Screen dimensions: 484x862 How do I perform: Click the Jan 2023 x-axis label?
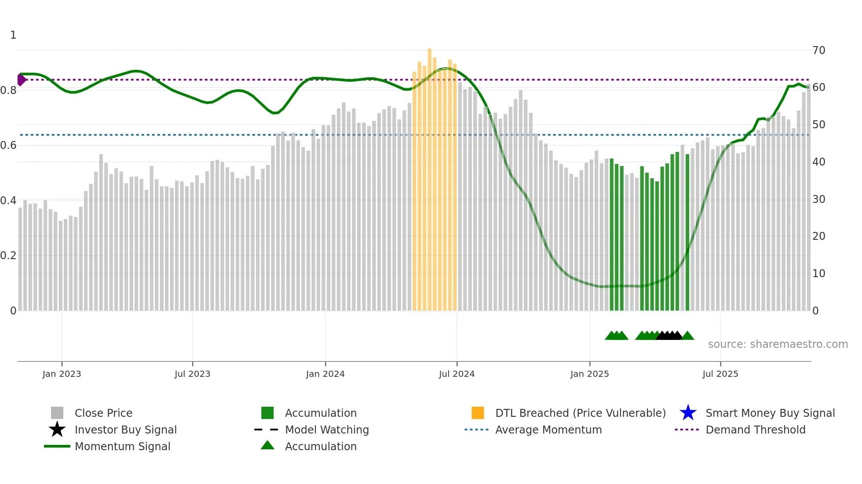pos(62,374)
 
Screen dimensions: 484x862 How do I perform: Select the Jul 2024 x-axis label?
pos(457,374)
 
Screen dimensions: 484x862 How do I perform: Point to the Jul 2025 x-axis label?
pos(720,374)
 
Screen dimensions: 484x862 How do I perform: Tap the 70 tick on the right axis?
pos(818,51)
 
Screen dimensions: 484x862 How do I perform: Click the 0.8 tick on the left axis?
pos(8,90)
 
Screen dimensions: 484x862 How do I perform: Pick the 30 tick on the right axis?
pos(818,199)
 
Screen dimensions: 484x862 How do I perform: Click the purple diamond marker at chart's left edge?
pos(21,80)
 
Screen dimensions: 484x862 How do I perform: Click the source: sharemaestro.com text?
pos(778,344)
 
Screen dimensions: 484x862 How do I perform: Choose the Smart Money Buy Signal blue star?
pos(688,413)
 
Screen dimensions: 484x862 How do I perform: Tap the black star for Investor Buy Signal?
pos(57,430)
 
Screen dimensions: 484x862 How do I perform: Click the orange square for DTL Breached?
pos(478,413)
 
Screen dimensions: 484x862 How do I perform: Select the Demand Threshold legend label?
pos(755,430)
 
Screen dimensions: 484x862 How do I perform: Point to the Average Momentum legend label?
pos(548,430)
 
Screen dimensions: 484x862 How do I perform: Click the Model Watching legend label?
pos(327,430)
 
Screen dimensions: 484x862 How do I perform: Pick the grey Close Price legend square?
pos(57,413)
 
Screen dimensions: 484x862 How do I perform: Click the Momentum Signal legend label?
pos(122,446)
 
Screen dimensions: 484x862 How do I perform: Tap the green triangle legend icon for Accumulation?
pos(267,445)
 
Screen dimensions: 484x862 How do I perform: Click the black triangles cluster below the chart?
pos(668,336)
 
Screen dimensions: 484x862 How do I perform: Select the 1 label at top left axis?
pos(13,35)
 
